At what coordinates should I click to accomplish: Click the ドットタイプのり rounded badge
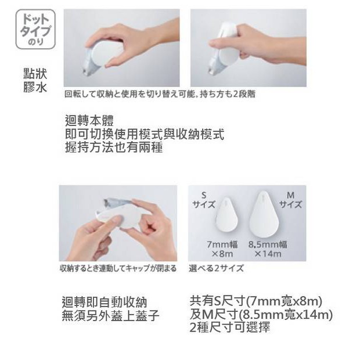pyautogui.click(x=35, y=29)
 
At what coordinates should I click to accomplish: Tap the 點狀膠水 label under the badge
pyautogui.click(x=35, y=81)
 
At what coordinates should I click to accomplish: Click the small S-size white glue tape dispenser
pyautogui.click(x=226, y=214)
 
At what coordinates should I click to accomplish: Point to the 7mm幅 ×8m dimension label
pyautogui.click(x=222, y=249)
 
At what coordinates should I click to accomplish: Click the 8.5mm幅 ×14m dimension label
pyautogui.click(x=268, y=249)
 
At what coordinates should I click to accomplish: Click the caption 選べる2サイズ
pyautogui.click(x=216, y=268)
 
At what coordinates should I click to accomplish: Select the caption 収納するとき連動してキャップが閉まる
pyautogui.click(x=118, y=268)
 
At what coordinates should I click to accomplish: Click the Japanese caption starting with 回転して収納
pyautogui.click(x=160, y=94)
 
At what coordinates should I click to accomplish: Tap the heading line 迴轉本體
pyautogui.click(x=89, y=121)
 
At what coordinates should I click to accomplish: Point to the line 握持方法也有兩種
pyautogui.click(x=114, y=147)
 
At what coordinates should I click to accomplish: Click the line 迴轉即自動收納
pyautogui.click(x=105, y=302)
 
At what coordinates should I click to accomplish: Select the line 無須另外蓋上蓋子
pyautogui.click(x=111, y=315)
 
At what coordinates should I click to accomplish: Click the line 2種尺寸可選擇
pyautogui.click(x=230, y=327)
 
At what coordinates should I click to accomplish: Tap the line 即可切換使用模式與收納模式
pyautogui.click(x=145, y=134)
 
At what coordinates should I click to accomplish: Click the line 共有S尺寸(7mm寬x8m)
pyautogui.click(x=255, y=301)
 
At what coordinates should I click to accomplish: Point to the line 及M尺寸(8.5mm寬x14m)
pyautogui.click(x=261, y=314)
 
